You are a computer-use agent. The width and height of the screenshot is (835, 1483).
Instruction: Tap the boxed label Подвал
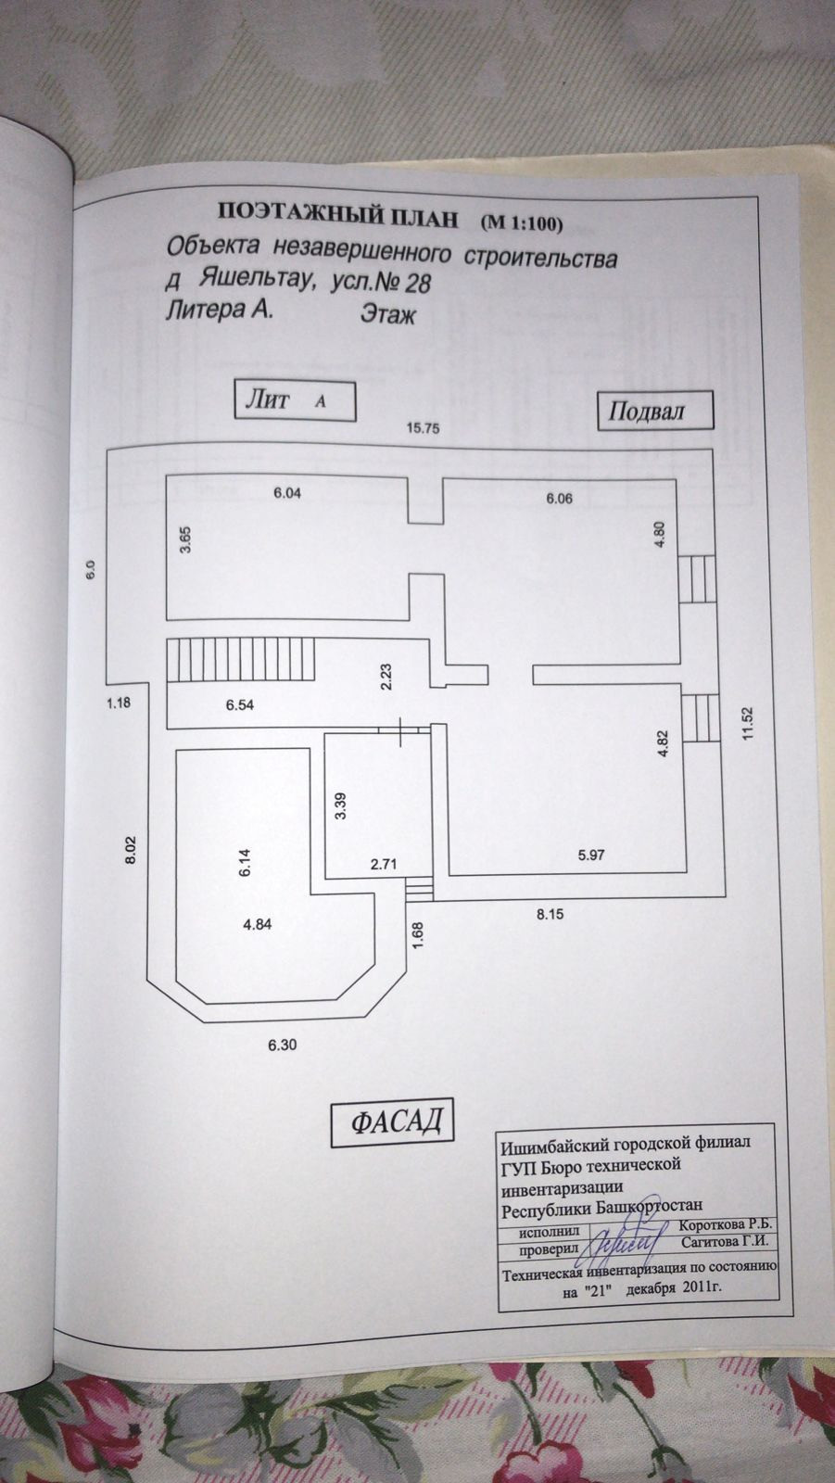[x=645, y=411]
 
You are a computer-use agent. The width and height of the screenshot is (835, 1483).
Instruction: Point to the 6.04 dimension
[x=286, y=493]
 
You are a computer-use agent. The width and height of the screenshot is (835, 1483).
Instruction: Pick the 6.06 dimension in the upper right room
[x=560, y=499]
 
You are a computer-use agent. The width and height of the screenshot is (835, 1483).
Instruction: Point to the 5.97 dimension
[x=590, y=856]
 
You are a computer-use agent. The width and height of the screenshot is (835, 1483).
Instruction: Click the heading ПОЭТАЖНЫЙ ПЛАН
[x=337, y=217]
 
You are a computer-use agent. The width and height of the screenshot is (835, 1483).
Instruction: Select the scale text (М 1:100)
[x=523, y=221]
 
